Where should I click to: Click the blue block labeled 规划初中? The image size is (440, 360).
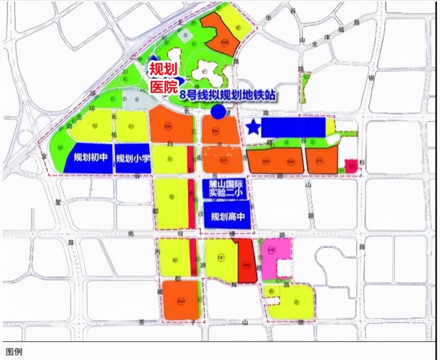pos(89,158)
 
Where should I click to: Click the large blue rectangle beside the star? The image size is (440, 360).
pos(293,127)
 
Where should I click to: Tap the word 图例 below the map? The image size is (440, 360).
pos(14,352)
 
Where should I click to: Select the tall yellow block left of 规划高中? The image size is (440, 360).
pos(172,203)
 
